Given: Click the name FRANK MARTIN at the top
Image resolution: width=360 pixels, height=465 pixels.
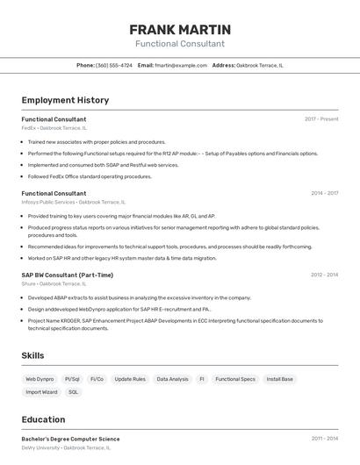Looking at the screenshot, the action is tap(180, 30).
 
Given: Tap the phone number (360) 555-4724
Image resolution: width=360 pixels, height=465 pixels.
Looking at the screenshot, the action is tap(114, 65).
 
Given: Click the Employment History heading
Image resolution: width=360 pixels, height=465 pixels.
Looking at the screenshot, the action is tap(65, 100).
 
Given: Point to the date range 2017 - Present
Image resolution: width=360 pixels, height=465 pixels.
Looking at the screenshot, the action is tap(321, 119).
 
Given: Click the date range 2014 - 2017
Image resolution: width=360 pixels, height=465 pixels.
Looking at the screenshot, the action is tap(324, 193).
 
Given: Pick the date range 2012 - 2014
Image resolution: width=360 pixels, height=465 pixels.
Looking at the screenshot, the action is tap(324, 275).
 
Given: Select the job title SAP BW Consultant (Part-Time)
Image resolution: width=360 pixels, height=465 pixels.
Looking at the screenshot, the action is tap(67, 275).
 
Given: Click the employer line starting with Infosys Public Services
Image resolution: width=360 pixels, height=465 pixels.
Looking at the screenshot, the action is tap(73, 202).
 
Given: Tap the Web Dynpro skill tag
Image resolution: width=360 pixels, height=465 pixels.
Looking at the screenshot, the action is tap(40, 379).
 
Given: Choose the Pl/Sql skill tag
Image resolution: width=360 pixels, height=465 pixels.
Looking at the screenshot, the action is tap(72, 379).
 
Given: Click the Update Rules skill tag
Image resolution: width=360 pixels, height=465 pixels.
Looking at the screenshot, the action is tap(130, 379).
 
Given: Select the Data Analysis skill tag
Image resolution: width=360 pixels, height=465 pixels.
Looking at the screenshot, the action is tap(172, 379).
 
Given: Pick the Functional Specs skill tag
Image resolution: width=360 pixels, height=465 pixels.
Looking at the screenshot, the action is tap(234, 379).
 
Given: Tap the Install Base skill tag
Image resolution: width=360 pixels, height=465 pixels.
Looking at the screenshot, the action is tap(280, 379).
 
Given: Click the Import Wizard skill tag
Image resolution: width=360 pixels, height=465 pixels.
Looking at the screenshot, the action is tap(41, 392).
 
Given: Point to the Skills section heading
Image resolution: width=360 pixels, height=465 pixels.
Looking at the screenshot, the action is tap(33, 355).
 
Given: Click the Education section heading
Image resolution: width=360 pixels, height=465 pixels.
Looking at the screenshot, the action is tap(43, 419).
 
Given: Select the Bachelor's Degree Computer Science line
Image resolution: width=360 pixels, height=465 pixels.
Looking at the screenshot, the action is tap(70, 439).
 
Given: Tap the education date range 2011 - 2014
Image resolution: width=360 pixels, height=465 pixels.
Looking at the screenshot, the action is tap(324, 439).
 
